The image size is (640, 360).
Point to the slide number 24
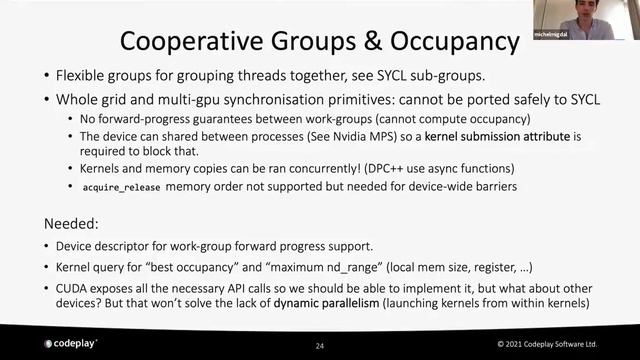(319, 345)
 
